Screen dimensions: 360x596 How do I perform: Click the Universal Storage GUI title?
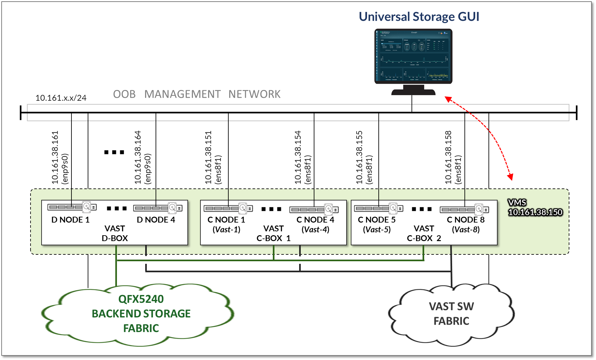pos(419,17)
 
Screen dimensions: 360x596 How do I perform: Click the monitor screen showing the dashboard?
pos(413,56)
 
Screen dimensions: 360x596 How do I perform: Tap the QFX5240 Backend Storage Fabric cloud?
pos(141,313)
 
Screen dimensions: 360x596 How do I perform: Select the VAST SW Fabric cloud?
pos(451,314)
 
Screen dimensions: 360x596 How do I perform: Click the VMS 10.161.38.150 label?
pos(535,208)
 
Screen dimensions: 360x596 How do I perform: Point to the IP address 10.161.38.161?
pos(55,157)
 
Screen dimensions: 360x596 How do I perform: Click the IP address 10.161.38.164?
pos(138,157)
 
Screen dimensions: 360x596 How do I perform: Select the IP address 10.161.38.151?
pos(208,157)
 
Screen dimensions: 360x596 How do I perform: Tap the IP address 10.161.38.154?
pos(298,157)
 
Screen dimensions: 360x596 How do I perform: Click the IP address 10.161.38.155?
pos(359,157)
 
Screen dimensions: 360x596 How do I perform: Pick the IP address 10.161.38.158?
pos(448,157)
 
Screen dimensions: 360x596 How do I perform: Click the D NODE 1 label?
pos(70,220)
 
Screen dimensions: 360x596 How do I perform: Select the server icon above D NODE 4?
pos(158,208)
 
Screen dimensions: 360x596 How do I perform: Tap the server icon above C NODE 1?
pos(228,208)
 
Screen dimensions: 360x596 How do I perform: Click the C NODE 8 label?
pos(465,220)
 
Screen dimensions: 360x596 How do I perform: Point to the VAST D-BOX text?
pos(115,233)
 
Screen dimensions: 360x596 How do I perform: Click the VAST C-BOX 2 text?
pos(424,233)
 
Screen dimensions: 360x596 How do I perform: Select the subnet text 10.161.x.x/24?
pos(61,98)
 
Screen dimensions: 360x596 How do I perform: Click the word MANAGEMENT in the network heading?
pos(182,94)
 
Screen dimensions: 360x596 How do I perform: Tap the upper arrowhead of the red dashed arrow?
pos(448,99)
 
